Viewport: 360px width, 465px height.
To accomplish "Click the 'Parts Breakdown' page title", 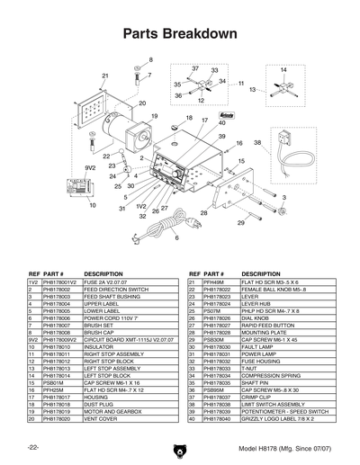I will pyautogui.click(x=180, y=34).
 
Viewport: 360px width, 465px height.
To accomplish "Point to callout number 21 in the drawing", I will pyautogui.click(x=104, y=76).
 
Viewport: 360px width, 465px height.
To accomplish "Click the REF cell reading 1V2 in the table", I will pyautogui.click(x=33, y=282).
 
